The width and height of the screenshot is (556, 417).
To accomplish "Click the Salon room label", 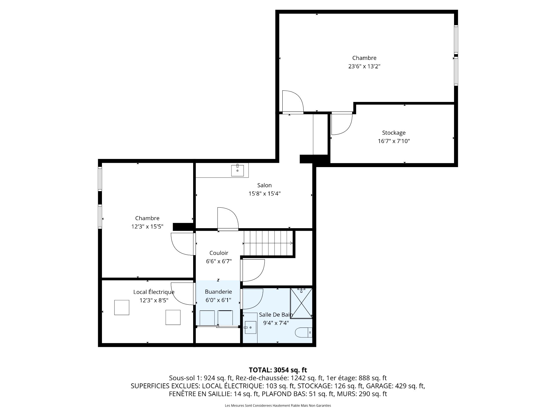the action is (x=264, y=185).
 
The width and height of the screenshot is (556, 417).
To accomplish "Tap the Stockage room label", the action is (x=394, y=133).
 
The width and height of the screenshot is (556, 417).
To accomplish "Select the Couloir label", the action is (x=219, y=253).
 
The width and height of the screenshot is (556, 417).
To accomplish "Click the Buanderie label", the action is (x=218, y=292).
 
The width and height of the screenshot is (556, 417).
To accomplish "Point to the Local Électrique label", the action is (x=154, y=292).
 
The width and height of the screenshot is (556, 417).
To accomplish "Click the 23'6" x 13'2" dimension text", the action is (x=364, y=66).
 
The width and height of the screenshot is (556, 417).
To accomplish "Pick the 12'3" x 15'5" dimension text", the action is (x=147, y=226).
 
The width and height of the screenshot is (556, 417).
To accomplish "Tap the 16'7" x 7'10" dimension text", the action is (x=394, y=141).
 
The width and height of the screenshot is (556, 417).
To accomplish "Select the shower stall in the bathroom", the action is (x=301, y=303).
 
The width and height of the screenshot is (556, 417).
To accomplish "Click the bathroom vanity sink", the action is (x=250, y=328).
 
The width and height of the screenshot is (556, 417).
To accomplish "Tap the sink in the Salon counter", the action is (x=237, y=170).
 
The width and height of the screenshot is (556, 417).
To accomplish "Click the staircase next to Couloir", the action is (x=268, y=243).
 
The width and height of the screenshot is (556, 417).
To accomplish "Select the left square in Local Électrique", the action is (x=122, y=308).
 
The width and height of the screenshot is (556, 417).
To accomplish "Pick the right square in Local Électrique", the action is (x=173, y=317).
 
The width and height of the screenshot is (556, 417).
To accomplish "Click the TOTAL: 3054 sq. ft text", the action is (x=278, y=370).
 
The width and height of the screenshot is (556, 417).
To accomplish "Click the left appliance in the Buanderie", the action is (x=207, y=318).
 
